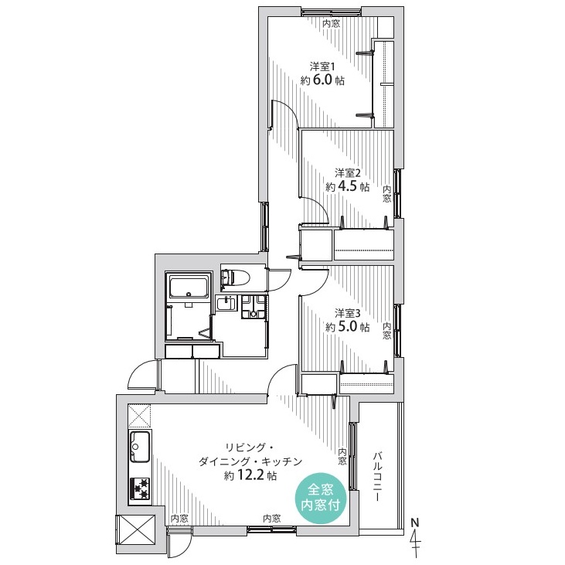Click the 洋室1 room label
pos(322,66)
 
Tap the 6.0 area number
pos(323,80)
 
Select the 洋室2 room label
pos(348,173)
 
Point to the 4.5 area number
pos(348,186)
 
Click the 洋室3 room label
pos(348,313)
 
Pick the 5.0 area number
pos(348,326)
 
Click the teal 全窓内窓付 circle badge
pos(321,497)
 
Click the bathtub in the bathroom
pos(189,287)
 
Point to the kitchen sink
pos(139,446)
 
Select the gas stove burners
pos(140,489)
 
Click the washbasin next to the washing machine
pos(226,304)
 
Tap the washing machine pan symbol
pos(254,307)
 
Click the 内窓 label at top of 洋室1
pos(331,24)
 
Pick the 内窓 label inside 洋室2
pos(386,193)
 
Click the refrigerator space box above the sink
pos(139,415)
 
